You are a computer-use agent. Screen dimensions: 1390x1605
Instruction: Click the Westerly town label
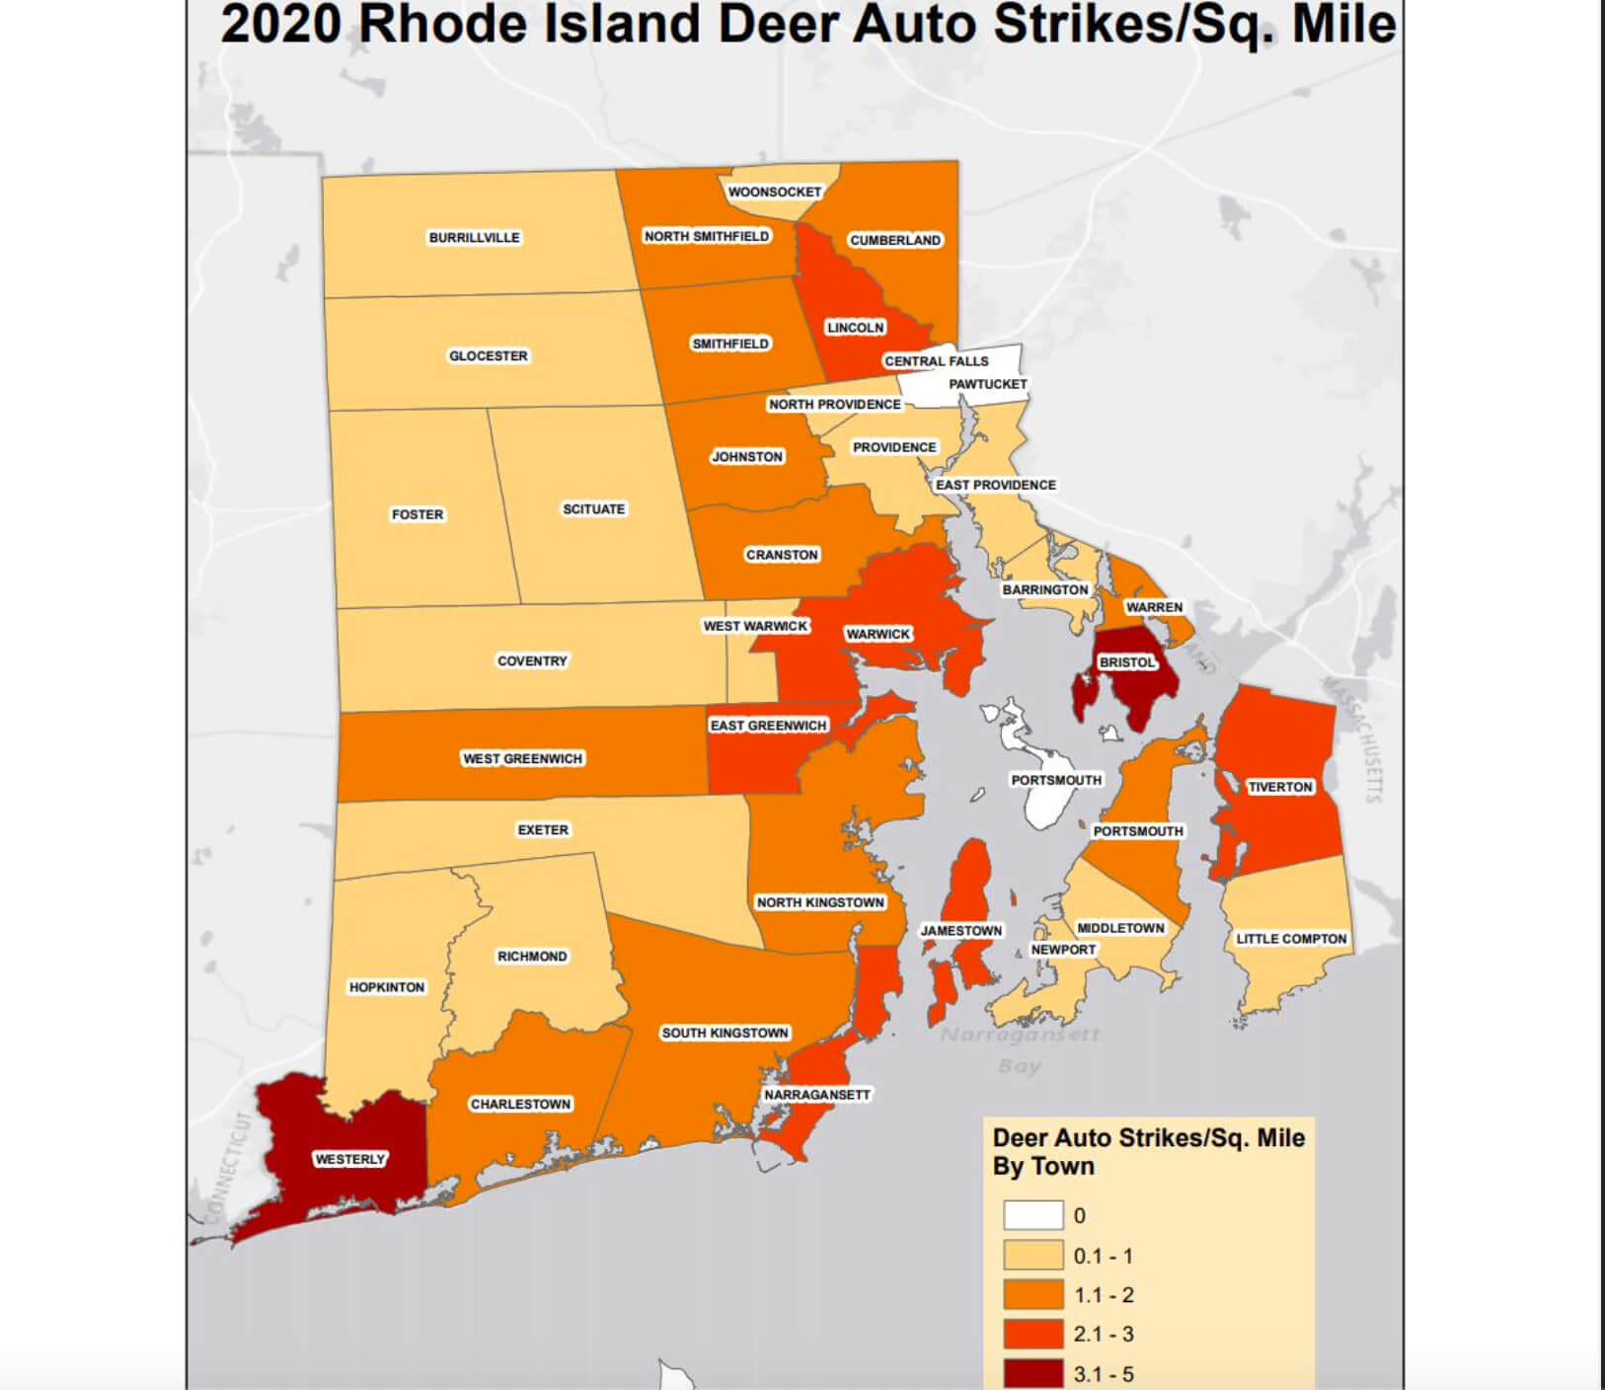349,1159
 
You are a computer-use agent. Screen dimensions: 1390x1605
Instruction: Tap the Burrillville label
474,238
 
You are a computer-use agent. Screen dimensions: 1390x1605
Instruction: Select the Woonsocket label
774,192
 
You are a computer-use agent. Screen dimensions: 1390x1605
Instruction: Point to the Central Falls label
936,361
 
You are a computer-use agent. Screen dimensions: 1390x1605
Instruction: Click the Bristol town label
1126,662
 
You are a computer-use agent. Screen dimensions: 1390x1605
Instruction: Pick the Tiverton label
1279,787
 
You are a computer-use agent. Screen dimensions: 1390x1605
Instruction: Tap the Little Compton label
1291,939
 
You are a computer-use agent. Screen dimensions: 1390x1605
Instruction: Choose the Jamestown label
960,931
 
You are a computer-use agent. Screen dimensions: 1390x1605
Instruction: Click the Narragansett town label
817,1095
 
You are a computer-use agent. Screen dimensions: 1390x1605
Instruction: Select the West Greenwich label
522,758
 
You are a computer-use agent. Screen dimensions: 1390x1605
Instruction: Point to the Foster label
418,514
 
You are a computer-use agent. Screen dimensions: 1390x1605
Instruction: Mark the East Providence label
995,485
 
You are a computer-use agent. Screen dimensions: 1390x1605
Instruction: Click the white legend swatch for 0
1032,1215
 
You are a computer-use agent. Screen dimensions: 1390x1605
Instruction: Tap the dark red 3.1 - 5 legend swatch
1032,1372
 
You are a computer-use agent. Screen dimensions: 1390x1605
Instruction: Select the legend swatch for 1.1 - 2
1032,1294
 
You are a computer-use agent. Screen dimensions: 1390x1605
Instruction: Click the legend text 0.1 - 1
1103,1256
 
